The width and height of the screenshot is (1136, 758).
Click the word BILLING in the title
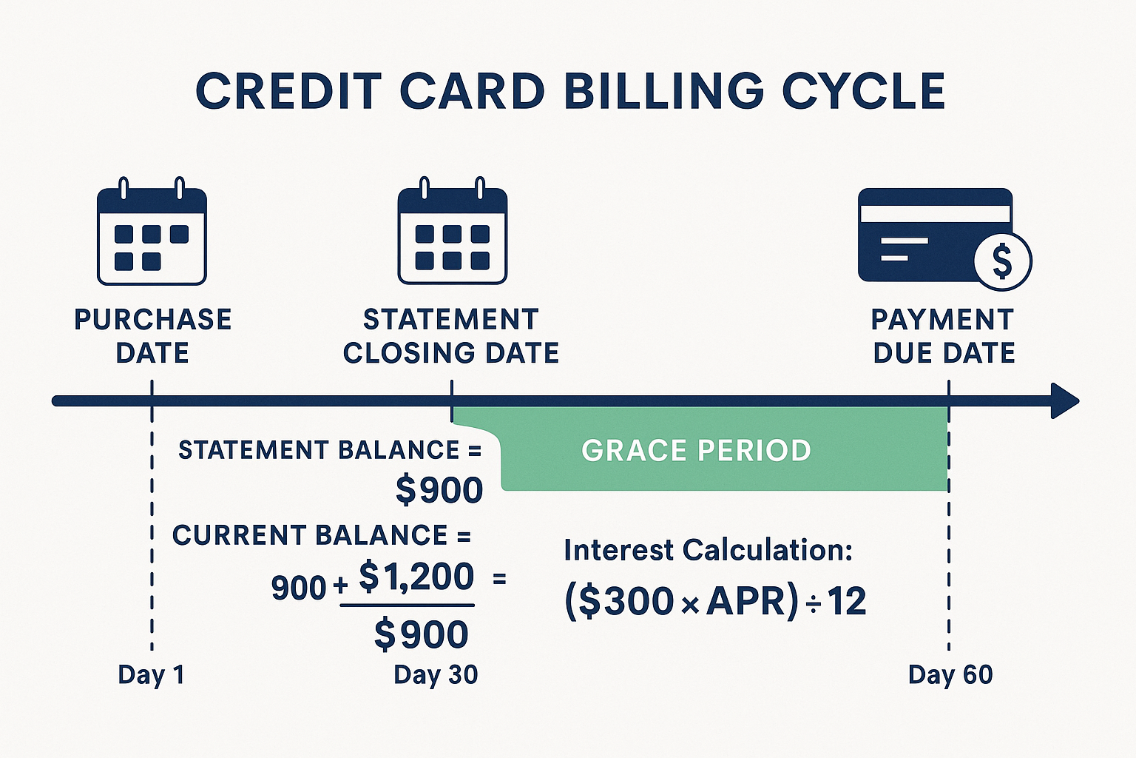[663, 92]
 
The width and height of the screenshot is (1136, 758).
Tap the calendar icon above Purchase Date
[152, 232]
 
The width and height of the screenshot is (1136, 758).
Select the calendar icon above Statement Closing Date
[452, 232]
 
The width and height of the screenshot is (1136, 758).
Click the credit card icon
[935, 235]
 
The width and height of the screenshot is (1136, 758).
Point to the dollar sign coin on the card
[1002, 261]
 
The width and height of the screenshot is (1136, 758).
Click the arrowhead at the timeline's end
[1064, 401]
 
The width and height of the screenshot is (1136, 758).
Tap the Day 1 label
[151, 674]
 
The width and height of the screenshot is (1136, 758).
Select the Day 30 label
[436, 674]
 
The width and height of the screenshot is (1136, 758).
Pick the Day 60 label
[950, 674]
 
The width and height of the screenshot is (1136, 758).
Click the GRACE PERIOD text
[696, 450]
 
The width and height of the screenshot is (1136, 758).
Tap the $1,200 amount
[416, 577]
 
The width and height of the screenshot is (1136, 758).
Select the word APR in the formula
[749, 600]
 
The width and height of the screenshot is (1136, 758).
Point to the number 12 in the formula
[847, 600]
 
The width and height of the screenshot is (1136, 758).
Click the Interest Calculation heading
[708, 550]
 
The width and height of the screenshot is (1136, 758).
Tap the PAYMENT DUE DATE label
[943, 336]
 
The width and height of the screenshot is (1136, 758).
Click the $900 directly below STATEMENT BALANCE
[439, 490]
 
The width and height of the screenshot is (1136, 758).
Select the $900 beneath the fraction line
[422, 634]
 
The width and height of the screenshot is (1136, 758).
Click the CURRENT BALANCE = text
[322, 535]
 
